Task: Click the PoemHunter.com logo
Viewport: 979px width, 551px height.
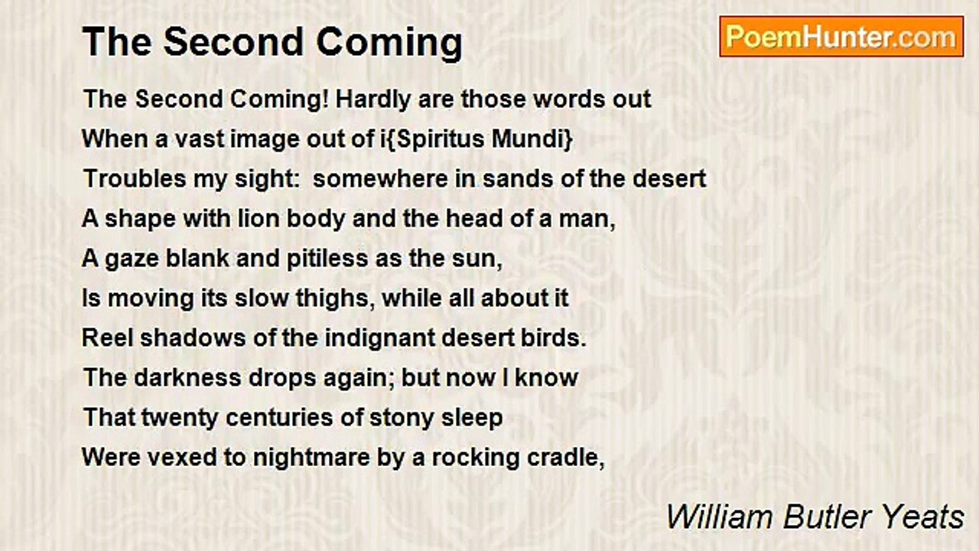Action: [x=841, y=36]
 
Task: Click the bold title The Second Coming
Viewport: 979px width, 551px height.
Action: [x=272, y=42]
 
